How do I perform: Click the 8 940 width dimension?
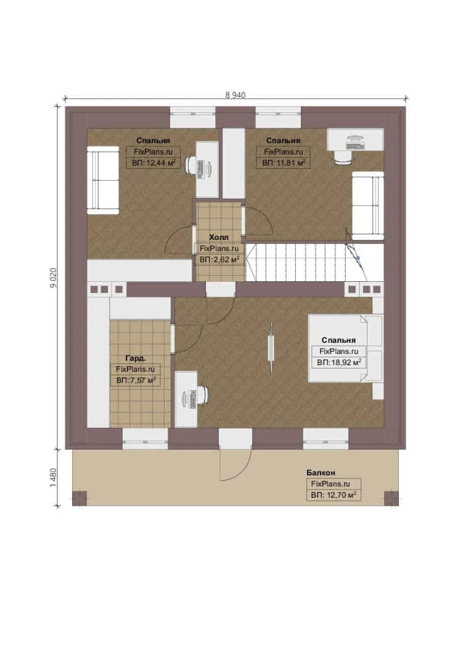236,95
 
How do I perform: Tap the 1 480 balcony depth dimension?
54,477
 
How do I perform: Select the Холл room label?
219,237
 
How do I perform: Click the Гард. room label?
136,358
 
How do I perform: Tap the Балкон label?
321,472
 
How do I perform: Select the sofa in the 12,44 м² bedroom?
103,180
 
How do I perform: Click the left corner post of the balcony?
80,499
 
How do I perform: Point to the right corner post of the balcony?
391,499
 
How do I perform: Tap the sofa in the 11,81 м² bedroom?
368,206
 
